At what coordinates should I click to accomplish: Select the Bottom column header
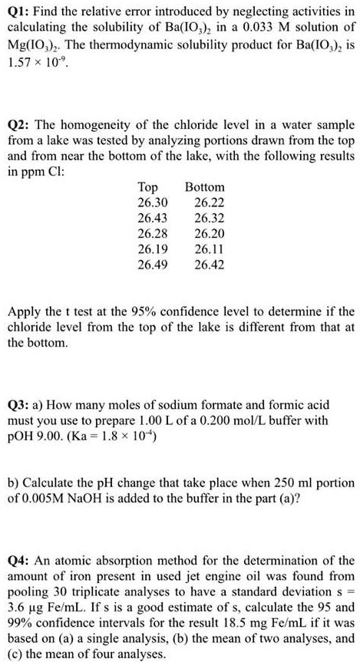[205, 186]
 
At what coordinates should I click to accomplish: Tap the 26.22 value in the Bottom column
[210, 202]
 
